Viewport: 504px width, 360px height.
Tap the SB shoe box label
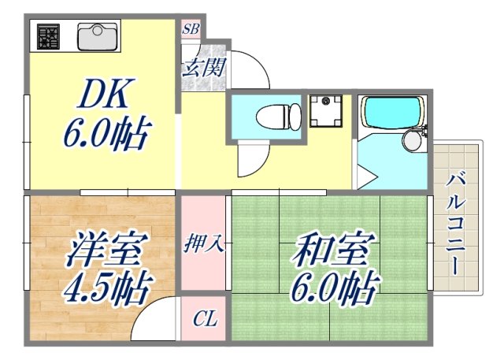[191, 30]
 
